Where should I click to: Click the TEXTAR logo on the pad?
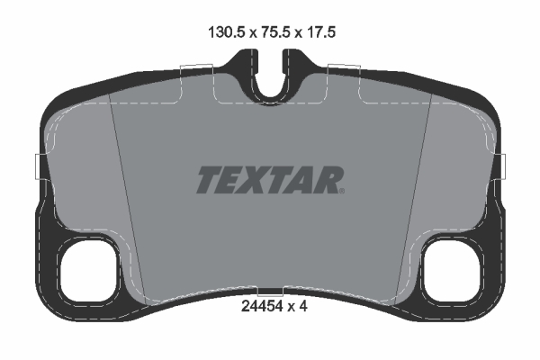pyautogui.click(x=269, y=181)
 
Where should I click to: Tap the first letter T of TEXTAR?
pyautogui.click(x=207, y=181)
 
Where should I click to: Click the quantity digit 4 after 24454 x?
pyautogui.click(x=304, y=306)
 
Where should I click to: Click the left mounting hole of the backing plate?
pyautogui.click(x=88, y=269)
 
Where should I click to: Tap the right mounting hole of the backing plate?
pyautogui.click(x=452, y=269)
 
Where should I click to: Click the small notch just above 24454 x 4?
pyautogui.click(x=270, y=292)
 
